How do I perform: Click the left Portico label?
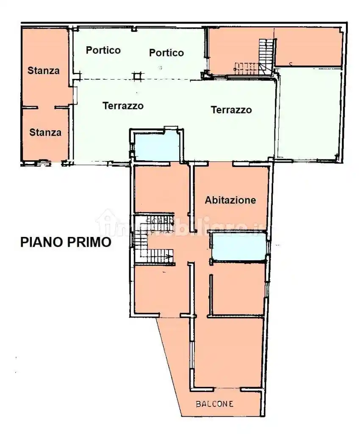103,50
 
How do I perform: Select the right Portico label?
166,53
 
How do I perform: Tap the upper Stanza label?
44,70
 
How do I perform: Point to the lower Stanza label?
45,132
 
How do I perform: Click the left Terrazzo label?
123,106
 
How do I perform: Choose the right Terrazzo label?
231,110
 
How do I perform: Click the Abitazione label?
230,200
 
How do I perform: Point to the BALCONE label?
214,404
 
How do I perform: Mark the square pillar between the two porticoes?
136,76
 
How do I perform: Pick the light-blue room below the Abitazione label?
238,247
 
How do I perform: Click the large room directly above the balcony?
229,352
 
